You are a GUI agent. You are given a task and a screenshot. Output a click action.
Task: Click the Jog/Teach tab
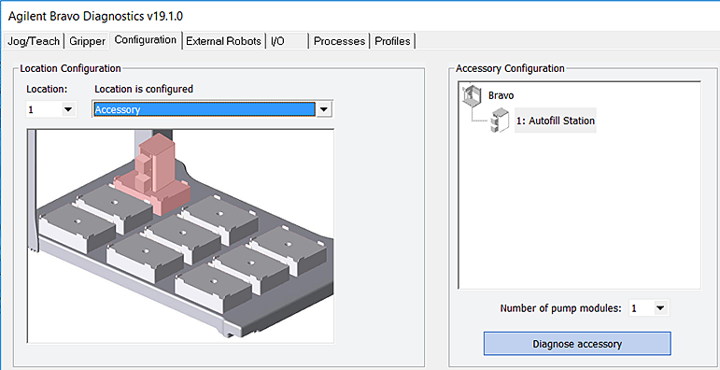[x=34, y=41]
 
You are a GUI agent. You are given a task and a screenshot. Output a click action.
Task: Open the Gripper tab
[x=87, y=41]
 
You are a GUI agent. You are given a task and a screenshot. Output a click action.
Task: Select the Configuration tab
[x=146, y=40]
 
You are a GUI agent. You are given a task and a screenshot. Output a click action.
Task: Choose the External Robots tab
[x=223, y=41]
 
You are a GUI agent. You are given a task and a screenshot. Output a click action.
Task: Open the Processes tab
[x=339, y=41]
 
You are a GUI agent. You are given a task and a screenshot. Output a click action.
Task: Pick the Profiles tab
[x=392, y=41]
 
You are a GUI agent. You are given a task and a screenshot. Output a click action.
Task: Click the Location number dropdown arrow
[x=68, y=109]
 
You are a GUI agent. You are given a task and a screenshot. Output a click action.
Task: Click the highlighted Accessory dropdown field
[x=205, y=109]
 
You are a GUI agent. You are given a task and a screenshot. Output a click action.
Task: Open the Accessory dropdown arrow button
[x=324, y=109]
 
